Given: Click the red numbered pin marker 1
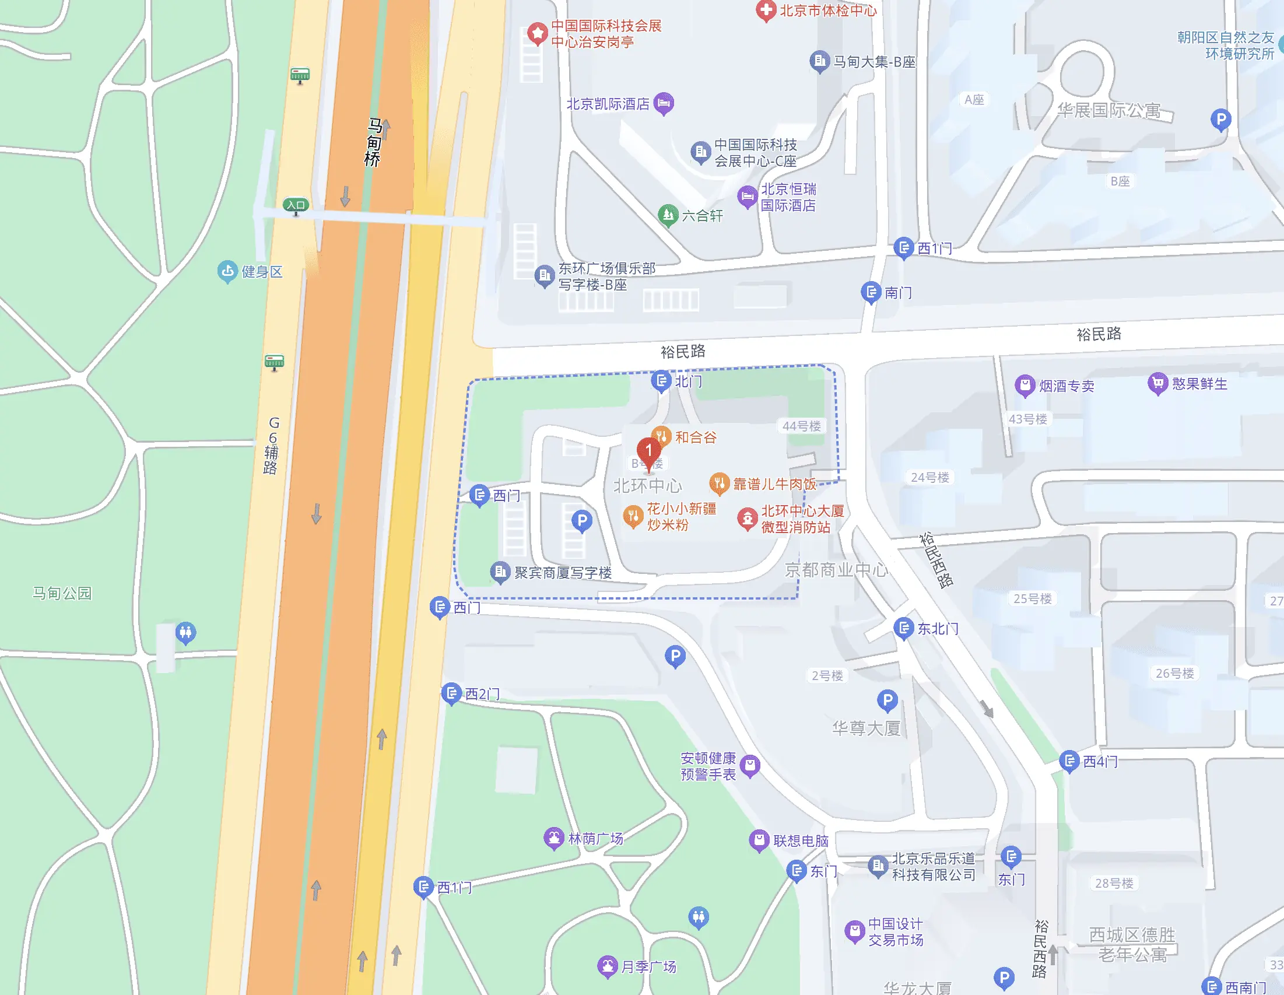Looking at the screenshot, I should [x=648, y=451].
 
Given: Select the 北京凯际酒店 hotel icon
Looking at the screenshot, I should [x=664, y=103].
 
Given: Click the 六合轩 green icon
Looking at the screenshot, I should [x=668, y=215].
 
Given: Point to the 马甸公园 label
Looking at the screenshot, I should [x=62, y=593].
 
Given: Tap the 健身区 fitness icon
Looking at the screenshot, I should [x=227, y=271].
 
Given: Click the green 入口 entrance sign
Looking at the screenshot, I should [x=296, y=205].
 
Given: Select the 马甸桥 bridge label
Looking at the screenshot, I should [x=373, y=142].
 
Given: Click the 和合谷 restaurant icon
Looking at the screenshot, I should [x=661, y=436].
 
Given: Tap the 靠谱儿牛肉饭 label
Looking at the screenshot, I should [x=774, y=484].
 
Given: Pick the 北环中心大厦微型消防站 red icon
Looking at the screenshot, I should [x=747, y=518].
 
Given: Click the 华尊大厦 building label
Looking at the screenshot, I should [x=866, y=728].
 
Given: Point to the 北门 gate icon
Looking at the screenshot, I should [x=661, y=380].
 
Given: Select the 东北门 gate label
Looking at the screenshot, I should [x=938, y=629].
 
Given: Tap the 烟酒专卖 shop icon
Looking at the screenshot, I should [x=1025, y=385].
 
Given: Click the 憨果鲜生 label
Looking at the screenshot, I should [x=1199, y=384].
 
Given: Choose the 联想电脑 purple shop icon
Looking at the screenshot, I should [x=759, y=840].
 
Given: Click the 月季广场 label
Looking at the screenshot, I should [x=648, y=966].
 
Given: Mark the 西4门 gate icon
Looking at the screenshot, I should [x=1069, y=761].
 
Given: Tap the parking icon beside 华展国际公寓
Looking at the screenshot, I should [x=1220, y=120].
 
